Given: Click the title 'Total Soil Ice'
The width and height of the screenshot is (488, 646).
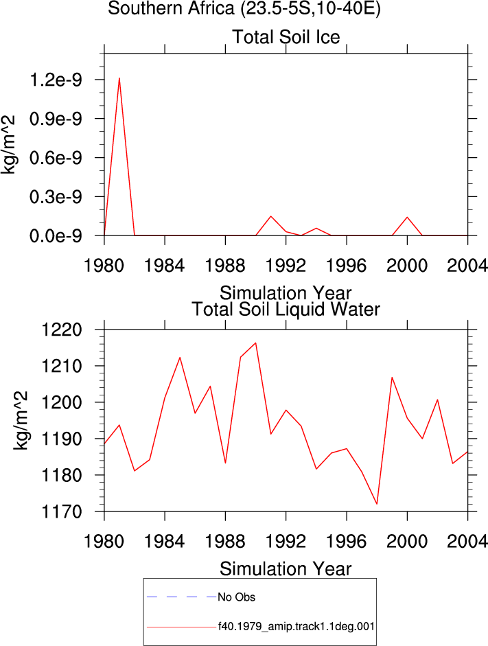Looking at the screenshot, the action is click(x=286, y=37).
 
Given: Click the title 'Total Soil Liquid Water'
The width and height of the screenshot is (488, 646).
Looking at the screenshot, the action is click(x=286, y=310).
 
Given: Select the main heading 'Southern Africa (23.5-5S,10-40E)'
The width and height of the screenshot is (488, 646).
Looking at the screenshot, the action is click(x=244, y=8).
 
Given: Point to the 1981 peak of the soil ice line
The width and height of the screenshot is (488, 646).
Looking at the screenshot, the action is click(x=119, y=78).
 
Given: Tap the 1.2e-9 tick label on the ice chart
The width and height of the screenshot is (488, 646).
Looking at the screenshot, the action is click(x=56, y=80).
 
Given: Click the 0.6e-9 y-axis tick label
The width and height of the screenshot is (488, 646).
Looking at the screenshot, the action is click(x=56, y=158).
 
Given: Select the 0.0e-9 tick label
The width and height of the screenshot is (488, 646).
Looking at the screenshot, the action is click(x=56, y=236).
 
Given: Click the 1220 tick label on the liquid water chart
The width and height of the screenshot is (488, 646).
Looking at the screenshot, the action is click(x=62, y=330).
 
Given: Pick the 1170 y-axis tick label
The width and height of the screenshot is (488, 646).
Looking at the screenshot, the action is click(x=62, y=511).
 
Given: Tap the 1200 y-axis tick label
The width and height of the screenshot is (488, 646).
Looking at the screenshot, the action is click(x=62, y=402).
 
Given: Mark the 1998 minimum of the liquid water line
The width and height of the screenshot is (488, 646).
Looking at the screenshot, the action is click(x=377, y=503).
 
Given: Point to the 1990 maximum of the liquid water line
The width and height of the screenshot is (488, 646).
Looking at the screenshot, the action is click(x=256, y=343).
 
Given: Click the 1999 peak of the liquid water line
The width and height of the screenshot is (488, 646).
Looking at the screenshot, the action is click(x=392, y=378).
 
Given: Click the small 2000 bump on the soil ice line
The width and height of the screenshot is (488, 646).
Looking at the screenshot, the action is click(x=407, y=217).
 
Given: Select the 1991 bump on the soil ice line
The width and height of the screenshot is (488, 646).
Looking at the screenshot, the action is click(x=271, y=216).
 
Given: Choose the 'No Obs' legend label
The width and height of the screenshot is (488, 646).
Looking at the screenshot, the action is click(x=236, y=597).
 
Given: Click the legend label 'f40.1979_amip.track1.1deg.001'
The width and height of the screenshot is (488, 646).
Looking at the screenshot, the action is click(x=296, y=627).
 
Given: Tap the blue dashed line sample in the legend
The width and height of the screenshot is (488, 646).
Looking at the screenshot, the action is click(x=182, y=597).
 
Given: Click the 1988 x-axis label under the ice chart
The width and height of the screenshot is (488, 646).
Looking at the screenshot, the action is click(x=225, y=265).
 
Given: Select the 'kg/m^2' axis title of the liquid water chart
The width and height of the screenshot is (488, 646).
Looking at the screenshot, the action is click(x=21, y=420).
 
